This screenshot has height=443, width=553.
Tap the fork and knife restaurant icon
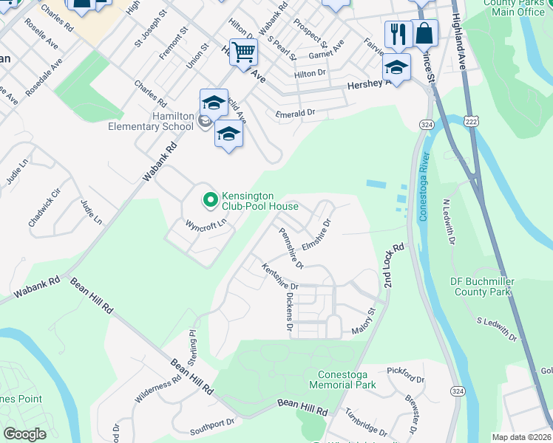point(397,33)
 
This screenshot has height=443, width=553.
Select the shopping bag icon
point(424,33)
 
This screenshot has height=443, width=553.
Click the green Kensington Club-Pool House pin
point(210,199)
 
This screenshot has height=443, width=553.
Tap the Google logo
point(24,434)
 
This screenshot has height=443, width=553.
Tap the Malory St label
point(364,325)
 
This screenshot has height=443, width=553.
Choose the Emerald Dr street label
point(295,114)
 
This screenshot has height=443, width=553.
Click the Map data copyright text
point(522,437)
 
